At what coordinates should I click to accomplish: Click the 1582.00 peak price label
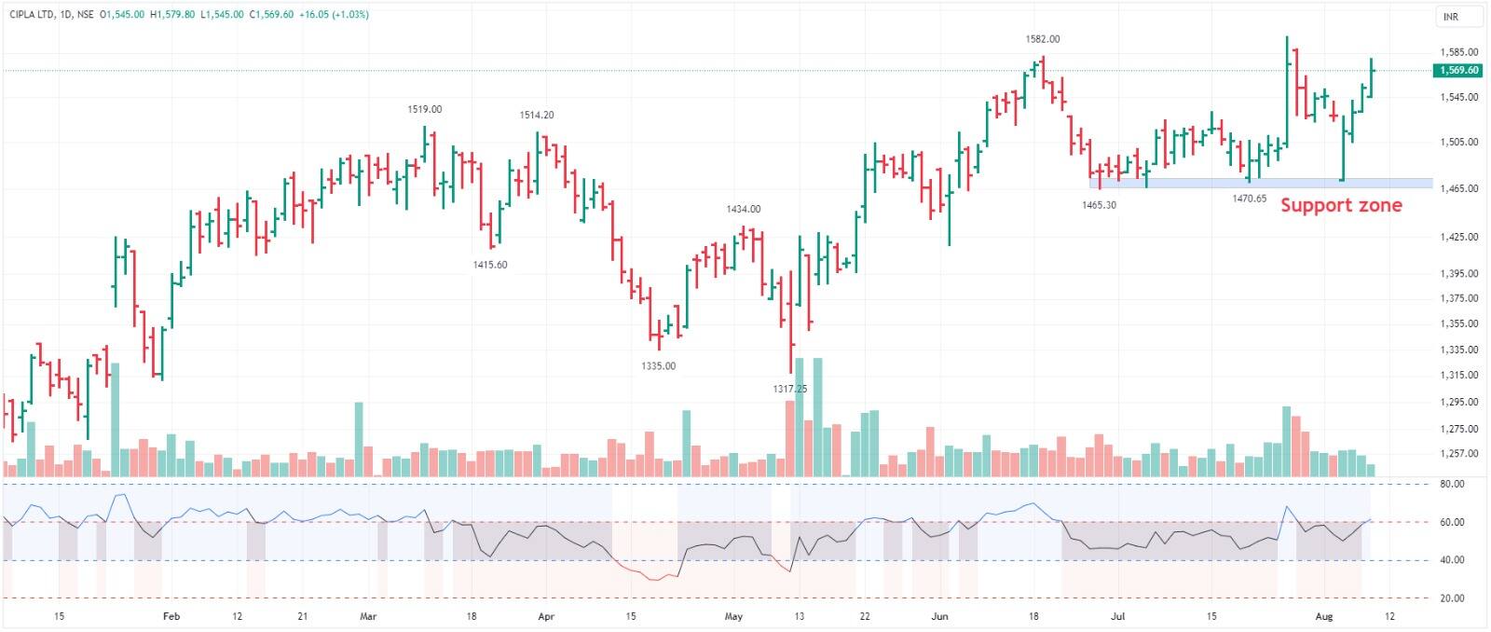(x=1042, y=39)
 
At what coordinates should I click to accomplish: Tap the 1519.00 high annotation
(x=424, y=109)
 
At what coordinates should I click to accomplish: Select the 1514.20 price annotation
(x=536, y=115)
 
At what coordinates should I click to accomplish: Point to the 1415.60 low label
(x=489, y=265)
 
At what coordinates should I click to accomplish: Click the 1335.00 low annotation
(x=658, y=365)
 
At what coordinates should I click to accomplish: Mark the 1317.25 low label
(x=789, y=389)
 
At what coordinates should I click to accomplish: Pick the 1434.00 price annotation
(x=743, y=209)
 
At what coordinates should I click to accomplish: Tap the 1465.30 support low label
(x=1099, y=204)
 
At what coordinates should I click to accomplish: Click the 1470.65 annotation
(x=1249, y=199)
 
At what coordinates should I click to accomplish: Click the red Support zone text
(x=1340, y=205)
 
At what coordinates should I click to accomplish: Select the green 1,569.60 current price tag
(x=1458, y=70)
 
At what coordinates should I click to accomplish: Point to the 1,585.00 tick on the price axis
(x=1458, y=52)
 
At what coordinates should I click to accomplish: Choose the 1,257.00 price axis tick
(x=1458, y=454)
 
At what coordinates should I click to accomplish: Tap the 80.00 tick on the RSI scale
(x=1451, y=484)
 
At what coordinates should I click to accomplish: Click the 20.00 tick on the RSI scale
(x=1451, y=598)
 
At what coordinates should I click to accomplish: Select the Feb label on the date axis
(x=171, y=616)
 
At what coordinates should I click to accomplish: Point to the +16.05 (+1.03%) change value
(x=334, y=15)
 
